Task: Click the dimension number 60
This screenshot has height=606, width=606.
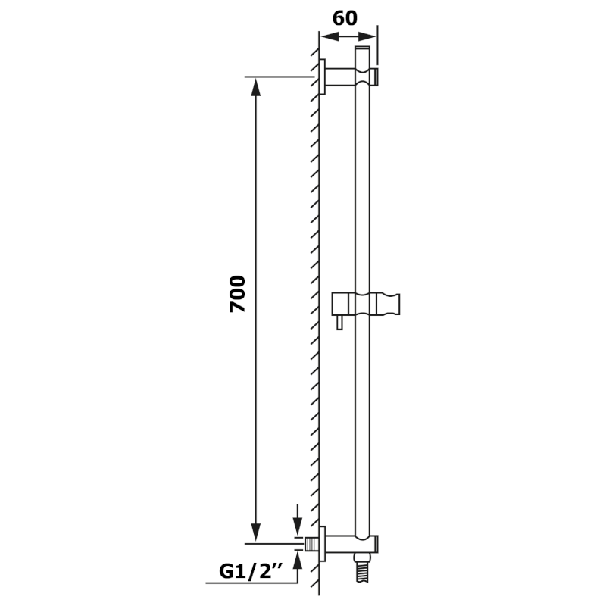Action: point(345,18)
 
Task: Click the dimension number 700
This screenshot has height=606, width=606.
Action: point(237,294)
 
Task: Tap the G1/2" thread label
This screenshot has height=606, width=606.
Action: point(251,572)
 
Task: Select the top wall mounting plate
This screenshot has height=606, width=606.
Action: point(322,77)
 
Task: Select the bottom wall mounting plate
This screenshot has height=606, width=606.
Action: point(322,544)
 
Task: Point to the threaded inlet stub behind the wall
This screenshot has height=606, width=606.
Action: point(311,544)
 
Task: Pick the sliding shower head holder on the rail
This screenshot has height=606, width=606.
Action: point(366,304)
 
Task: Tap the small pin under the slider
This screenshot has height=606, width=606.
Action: point(339,322)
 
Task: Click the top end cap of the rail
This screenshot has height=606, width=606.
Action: point(362,48)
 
